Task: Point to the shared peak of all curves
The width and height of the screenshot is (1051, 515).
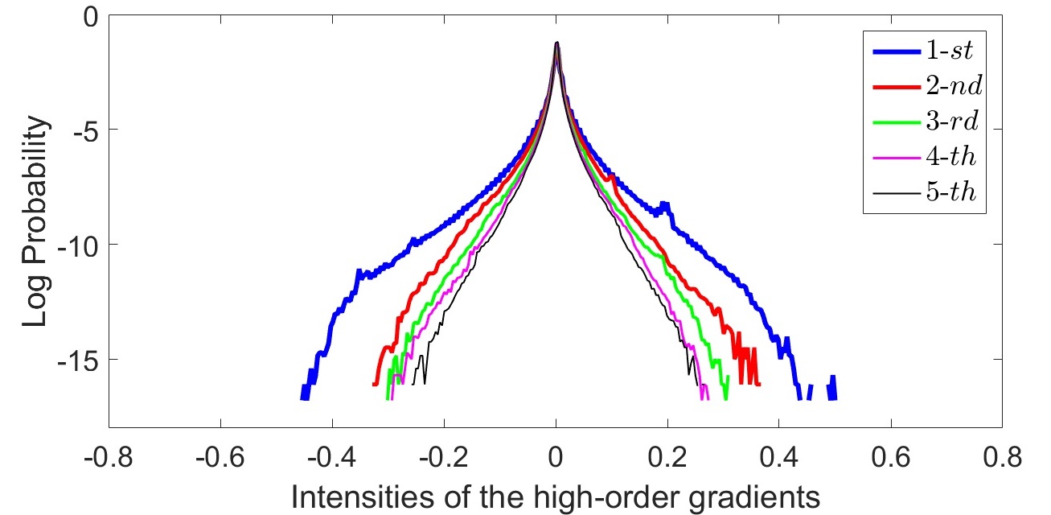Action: pyautogui.click(x=556, y=43)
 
